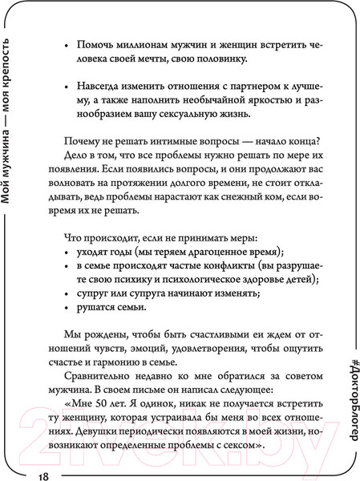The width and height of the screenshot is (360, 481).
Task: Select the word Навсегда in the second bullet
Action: pyautogui.click(x=101, y=106)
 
